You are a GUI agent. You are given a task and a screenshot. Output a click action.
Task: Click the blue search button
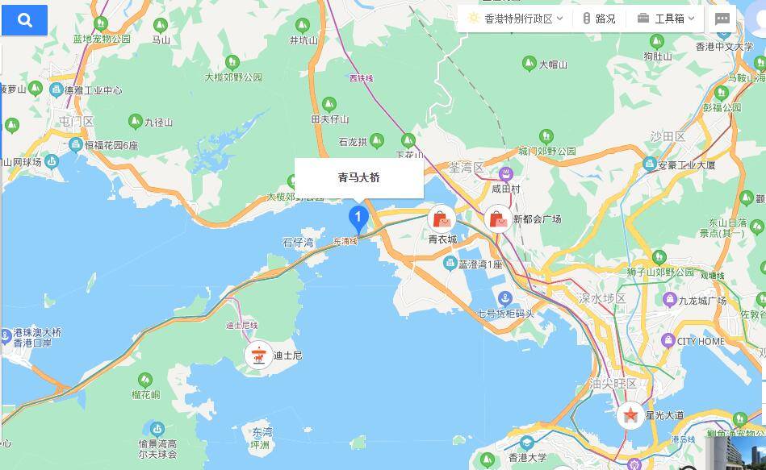pyautogui.click(x=24, y=21)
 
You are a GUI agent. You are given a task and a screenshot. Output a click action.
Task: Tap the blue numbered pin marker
pyautogui.click(x=358, y=218)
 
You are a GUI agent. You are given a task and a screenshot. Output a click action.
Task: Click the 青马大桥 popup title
pyautogui.click(x=358, y=177)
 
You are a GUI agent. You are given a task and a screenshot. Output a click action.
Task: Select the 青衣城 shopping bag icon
pyautogui.click(x=442, y=218)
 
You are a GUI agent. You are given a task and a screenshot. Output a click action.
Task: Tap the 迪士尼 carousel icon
pyautogui.click(x=259, y=355)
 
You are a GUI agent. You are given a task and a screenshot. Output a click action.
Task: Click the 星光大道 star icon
pyautogui.click(x=630, y=415)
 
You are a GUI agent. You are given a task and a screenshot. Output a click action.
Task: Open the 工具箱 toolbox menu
pyautogui.click(x=666, y=19)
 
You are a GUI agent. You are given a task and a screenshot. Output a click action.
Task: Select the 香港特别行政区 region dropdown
pyautogui.click(x=515, y=19)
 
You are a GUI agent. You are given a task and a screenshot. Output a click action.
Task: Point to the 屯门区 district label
pyautogui.click(x=77, y=122)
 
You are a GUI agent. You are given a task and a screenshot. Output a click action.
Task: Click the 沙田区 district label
pyautogui.click(x=668, y=136)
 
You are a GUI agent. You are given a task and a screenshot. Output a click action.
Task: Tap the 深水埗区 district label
pyautogui.click(x=602, y=298)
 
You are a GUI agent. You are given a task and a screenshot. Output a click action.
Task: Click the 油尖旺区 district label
pyautogui.click(x=613, y=384)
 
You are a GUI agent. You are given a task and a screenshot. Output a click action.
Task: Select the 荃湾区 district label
pyautogui.click(x=466, y=168)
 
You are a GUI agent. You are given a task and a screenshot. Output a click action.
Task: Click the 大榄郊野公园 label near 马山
pyautogui.click(x=233, y=77)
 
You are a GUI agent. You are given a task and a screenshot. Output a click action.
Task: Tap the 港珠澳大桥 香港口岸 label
pyautogui.click(x=37, y=337)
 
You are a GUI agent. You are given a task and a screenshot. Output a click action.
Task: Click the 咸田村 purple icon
pyautogui.click(x=506, y=174)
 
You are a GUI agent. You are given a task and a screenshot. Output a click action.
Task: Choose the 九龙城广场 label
pyautogui.click(x=701, y=301)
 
